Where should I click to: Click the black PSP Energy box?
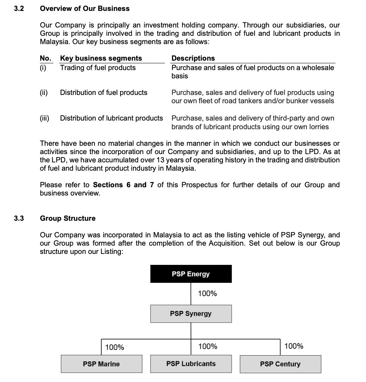pyautogui.click(x=191, y=274)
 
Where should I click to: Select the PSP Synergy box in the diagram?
pyautogui.click(x=191, y=314)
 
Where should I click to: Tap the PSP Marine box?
pyautogui.click(x=101, y=364)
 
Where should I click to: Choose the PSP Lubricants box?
pyautogui.click(x=191, y=364)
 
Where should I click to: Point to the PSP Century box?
pyautogui.click(x=280, y=364)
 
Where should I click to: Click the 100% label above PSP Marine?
pyautogui.click(x=114, y=347)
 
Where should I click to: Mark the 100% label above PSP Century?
pyautogui.click(x=294, y=346)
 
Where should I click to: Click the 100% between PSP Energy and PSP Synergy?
pyautogui.click(x=207, y=293)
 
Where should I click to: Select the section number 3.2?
pyautogui.click(x=19, y=8)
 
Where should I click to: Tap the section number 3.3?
pyautogui.click(x=19, y=218)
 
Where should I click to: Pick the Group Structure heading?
pyautogui.click(x=68, y=218)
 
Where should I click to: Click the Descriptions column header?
pyautogui.click(x=193, y=58)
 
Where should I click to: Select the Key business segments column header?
pyautogui.click(x=101, y=58)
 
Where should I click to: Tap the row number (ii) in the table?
pyautogui.click(x=44, y=93)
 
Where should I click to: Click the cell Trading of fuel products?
pyautogui.click(x=98, y=68)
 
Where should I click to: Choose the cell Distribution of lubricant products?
pyautogui.click(x=111, y=118)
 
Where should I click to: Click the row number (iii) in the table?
pyautogui.click(x=44, y=118)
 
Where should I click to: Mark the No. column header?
pyautogui.click(x=45, y=58)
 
